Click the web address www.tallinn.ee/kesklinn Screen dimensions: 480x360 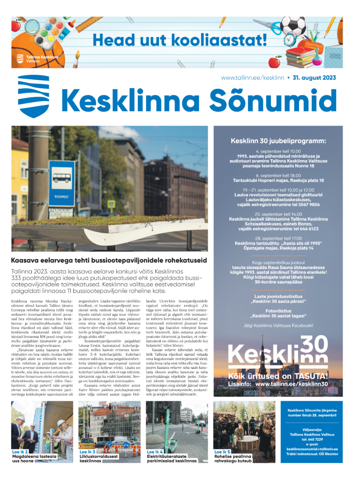(253, 78)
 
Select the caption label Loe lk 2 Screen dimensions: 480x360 (21, 451)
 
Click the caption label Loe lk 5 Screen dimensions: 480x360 (223, 451)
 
